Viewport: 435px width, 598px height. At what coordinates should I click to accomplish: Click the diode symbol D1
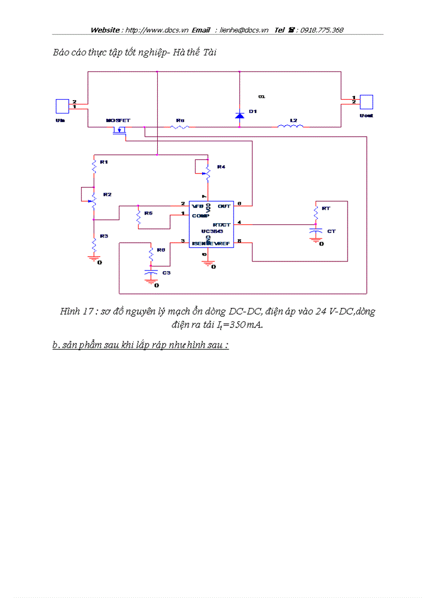239,115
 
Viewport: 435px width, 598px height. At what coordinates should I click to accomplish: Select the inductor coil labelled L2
291,126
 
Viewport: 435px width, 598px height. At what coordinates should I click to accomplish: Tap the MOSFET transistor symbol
121,130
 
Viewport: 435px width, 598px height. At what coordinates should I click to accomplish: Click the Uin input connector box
62,105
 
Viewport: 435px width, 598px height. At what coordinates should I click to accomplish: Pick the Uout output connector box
366,101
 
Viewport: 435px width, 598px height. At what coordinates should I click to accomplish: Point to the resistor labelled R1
94,167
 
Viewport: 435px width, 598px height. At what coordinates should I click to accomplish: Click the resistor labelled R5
138,217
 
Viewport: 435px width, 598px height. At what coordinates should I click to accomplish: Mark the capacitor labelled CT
317,232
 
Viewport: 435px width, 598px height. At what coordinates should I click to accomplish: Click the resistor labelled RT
316,213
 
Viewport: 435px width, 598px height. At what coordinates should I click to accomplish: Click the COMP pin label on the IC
200,216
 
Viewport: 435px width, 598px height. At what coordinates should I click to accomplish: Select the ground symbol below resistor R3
94,259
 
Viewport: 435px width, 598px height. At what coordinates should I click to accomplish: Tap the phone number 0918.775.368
321,30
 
